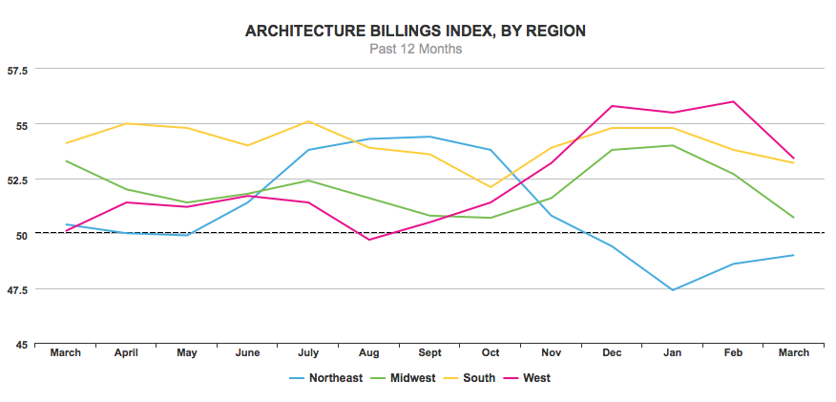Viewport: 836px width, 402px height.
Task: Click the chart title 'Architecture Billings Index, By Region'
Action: pos(415,32)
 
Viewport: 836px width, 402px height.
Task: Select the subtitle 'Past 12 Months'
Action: pos(415,49)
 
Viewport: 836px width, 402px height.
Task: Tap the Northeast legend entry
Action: pos(325,378)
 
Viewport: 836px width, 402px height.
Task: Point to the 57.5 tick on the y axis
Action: pos(17,70)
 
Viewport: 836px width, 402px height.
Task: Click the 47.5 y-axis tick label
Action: pos(17,289)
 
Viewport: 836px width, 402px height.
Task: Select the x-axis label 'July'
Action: pos(308,353)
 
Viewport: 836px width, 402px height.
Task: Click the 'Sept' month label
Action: pos(429,353)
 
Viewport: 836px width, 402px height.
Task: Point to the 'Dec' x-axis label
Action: pos(611,353)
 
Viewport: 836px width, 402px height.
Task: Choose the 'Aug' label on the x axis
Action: pos(368,353)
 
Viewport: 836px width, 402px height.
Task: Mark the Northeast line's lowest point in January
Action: pos(672,290)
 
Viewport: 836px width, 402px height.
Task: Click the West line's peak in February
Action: pos(733,101)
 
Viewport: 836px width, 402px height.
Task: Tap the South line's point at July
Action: pos(308,121)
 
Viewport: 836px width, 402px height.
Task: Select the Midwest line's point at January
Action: pos(672,146)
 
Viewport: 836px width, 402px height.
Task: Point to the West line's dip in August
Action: pos(368,239)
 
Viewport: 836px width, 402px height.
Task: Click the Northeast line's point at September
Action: pos(429,137)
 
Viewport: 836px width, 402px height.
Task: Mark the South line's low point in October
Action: pos(490,187)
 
